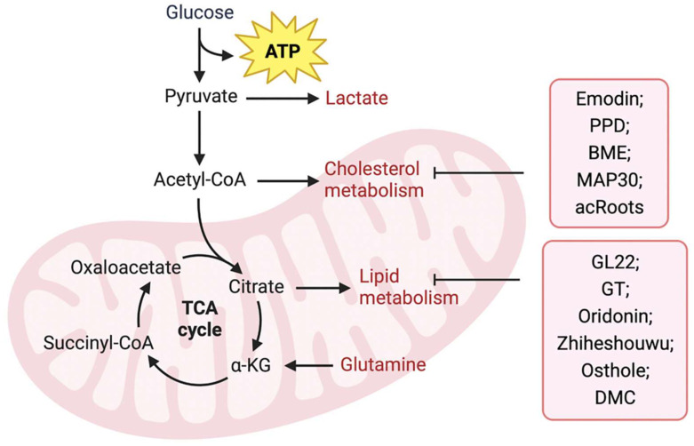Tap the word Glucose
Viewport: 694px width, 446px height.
(200, 12)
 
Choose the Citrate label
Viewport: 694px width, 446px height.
(256, 287)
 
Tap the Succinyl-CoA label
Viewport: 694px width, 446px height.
(88, 343)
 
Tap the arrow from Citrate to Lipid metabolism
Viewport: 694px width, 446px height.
(321, 288)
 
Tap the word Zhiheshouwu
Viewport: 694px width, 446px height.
(616, 344)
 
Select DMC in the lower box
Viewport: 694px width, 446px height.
(616, 397)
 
